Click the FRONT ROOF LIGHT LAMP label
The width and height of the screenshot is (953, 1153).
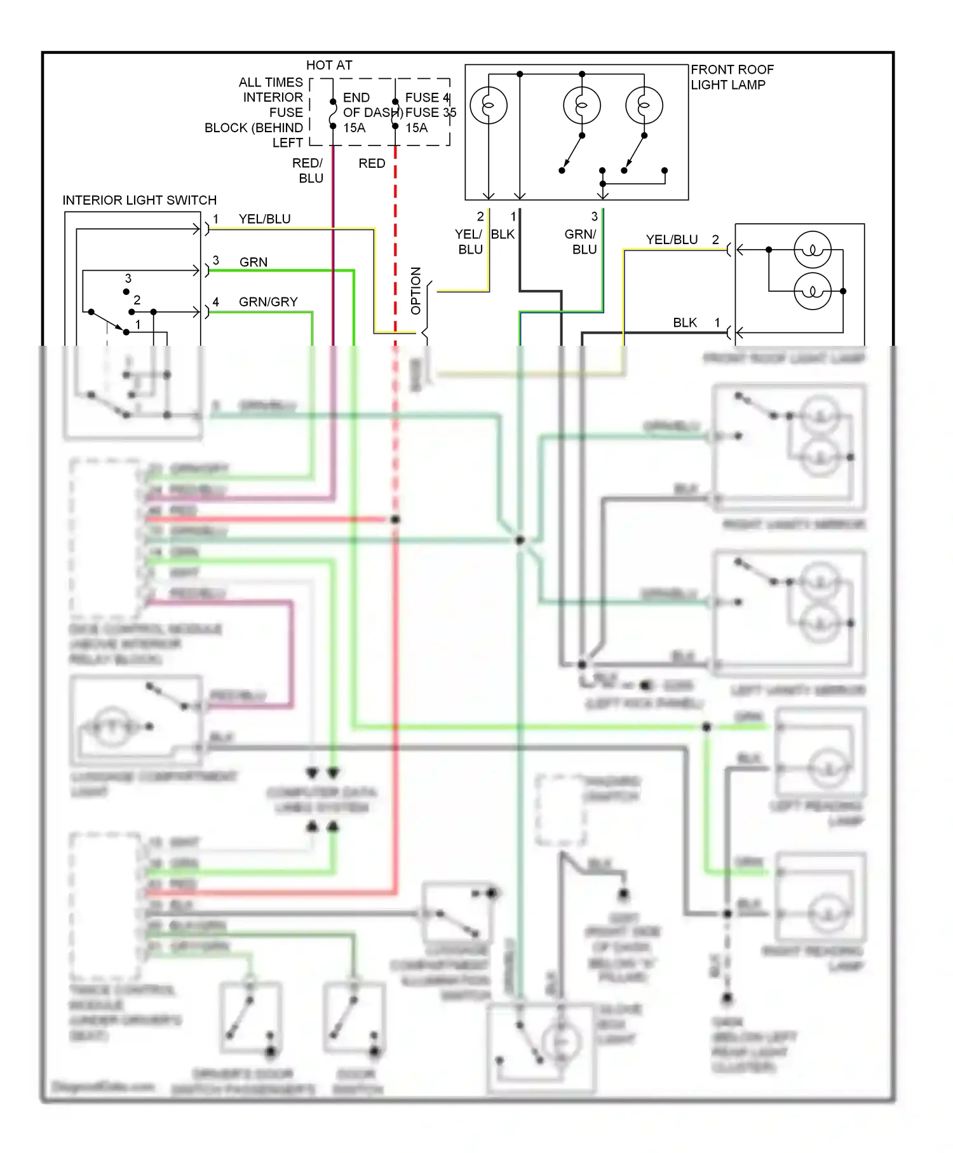pyautogui.click(x=731, y=77)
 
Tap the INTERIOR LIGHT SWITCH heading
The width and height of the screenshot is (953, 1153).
pyautogui.click(x=139, y=200)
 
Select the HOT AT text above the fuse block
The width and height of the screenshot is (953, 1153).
pyautogui.click(x=328, y=65)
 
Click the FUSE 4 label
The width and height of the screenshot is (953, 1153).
pyautogui.click(x=427, y=98)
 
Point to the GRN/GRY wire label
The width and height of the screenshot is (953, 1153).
pyautogui.click(x=268, y=302)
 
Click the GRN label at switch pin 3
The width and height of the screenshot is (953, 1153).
pyautogui.click(x=253, y=263)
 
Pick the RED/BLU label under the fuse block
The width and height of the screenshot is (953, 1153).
pyautogui.click(x=309, y=171)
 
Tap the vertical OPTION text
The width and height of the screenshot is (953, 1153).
pyautogui.click(x=416, y=290)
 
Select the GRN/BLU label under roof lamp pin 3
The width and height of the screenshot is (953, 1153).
pyautogui.click(x=581, y=242)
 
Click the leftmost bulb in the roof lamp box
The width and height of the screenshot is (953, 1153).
pyautogui.click(x=489, y=106)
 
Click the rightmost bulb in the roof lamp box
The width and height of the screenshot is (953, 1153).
pyautogui.click(x=644, y=106)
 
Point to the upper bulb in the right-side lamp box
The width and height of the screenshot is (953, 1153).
pyautogui.click(x=812, y=250)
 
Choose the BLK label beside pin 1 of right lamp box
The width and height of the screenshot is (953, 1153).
pyautogui.click(x=684, y=323)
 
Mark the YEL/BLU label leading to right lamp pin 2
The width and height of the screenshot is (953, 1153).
pyautogui.click(x=672, y=240)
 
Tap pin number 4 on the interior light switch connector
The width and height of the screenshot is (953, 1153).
pyautogui.click(x=216, y=302)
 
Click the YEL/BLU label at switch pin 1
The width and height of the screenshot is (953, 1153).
pyautogui.click(x=264, y=219)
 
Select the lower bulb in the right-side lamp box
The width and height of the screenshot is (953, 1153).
pyautogui.click(x=812, y=292)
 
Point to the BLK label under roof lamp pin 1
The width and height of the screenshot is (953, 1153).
pyautogui.click(x=503, y=235)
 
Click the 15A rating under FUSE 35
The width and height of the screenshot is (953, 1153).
pyautogui.click(x=417, y=128)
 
